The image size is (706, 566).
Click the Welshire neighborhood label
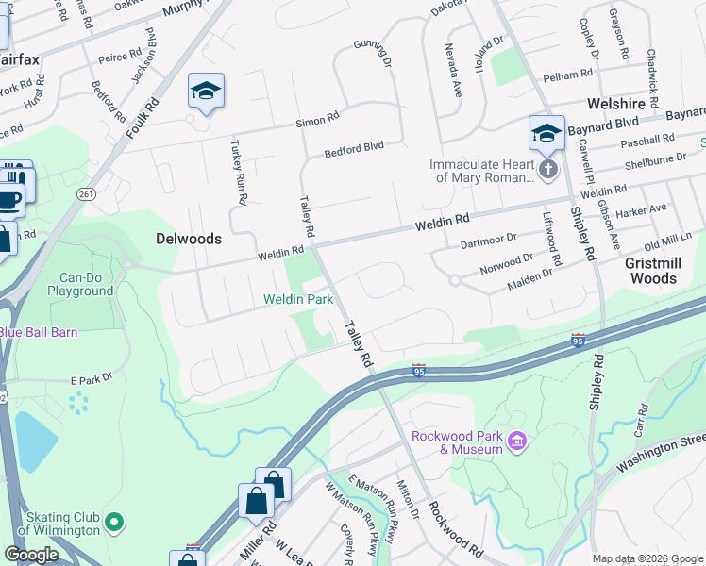[614, 104]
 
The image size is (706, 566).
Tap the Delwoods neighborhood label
[189, 239]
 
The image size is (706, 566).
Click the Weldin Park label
[298, 299]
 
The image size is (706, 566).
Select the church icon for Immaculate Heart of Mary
[548, 169]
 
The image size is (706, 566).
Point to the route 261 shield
[87, 194]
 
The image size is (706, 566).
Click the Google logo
[30, 555]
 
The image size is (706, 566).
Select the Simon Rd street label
[317, 120]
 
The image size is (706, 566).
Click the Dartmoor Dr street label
[489, 242]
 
